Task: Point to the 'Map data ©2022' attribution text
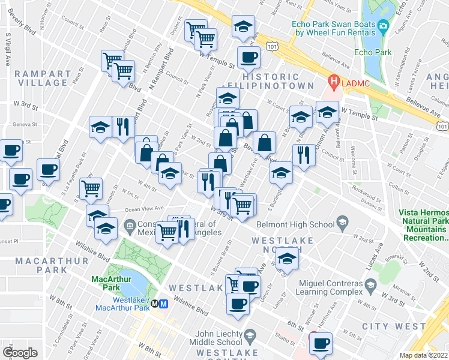pyautogui.click(x=424, y=355)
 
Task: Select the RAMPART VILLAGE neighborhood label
pyautogui.click(x=41, y=78)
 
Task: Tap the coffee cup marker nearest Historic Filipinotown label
pyautogui.click(x=249, y=58)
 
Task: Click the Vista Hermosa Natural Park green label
pyautogui.click(x=423, y=226)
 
